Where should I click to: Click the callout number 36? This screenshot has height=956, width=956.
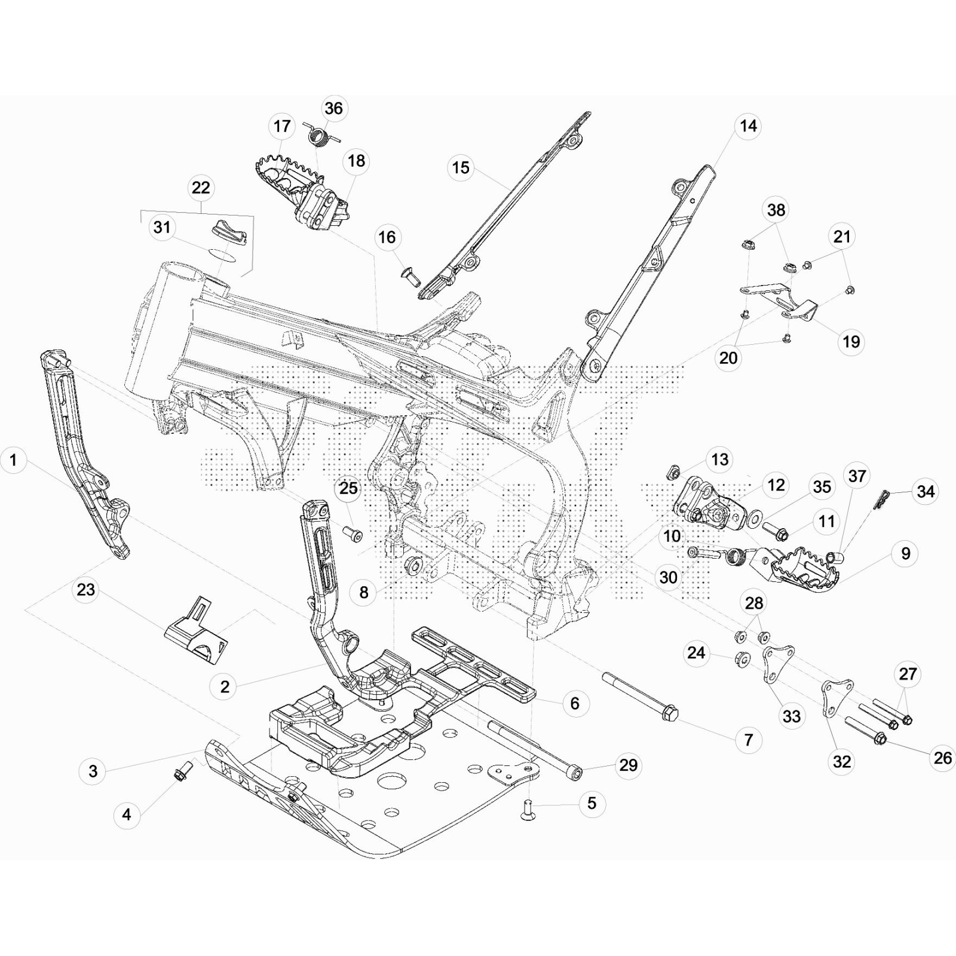(333, 108)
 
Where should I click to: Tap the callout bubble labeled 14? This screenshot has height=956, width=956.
(748, 126)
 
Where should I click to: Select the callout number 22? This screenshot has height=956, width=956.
(201, 188)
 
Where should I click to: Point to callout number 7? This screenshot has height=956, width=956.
(749, 740)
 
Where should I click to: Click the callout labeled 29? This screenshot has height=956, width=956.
(629, 765)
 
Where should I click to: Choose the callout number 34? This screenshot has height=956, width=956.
(926, 491)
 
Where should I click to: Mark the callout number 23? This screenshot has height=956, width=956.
(86, 590)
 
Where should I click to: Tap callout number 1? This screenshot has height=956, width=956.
(13, 460)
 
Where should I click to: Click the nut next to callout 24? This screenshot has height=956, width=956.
(741, 660)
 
